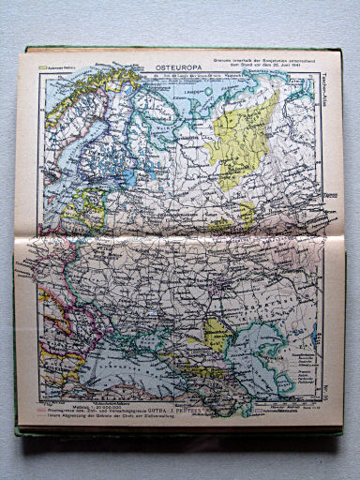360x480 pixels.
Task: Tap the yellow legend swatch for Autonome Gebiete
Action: (x=42, y=68)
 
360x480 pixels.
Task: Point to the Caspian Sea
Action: (x=248, y=361)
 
